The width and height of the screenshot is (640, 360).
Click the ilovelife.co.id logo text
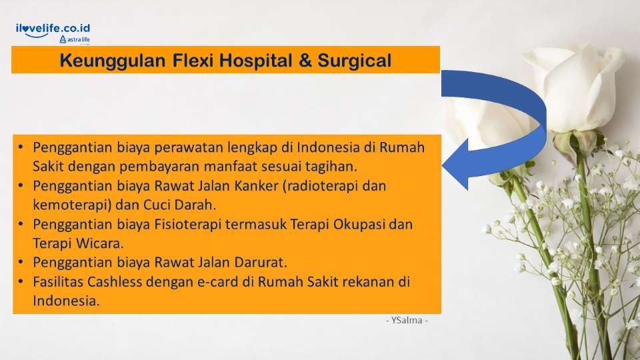pyautogui.click(x=53, y=28)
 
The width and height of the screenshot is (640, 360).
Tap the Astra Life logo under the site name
pyautogui.click(x=75, y=40)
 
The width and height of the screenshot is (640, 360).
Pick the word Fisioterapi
pyautogui.click(x=185, y=224)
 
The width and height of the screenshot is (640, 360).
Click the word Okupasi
pyautogui.click(x=351, y=224)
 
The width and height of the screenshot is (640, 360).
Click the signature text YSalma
pyautogui.click(x=407, y=321)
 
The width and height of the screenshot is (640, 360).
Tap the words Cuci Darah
pyautogui.click(x=176, y=205)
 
